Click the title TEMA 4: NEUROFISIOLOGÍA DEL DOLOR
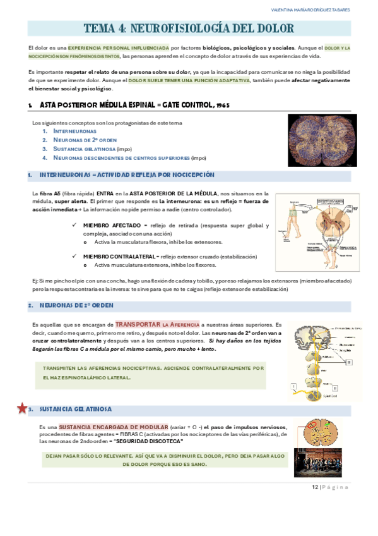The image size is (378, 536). (189, 28)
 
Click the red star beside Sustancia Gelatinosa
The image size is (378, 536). (21, 408)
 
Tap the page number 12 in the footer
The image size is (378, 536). (315, 487)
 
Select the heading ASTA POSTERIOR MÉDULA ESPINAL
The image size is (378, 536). (133, 104)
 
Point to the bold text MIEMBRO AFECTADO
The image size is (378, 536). (112, 225)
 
